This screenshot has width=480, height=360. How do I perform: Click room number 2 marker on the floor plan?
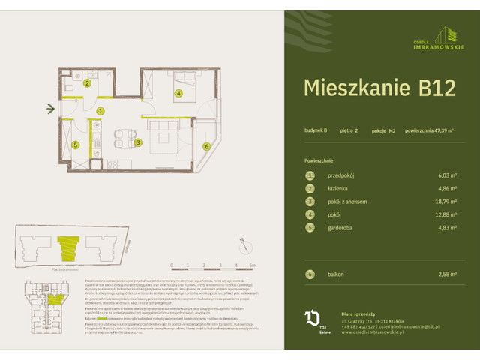(x=87, y=83)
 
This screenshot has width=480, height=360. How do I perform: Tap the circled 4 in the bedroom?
(x=178, y=94)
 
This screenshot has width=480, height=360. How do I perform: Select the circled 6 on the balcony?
(x=206, y=147)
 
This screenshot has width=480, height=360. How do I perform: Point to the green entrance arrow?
(x=50, y=111)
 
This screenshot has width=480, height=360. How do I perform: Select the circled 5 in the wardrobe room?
(x=75, y=145)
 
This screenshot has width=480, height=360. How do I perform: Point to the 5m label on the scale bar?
(x=253, y=265)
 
